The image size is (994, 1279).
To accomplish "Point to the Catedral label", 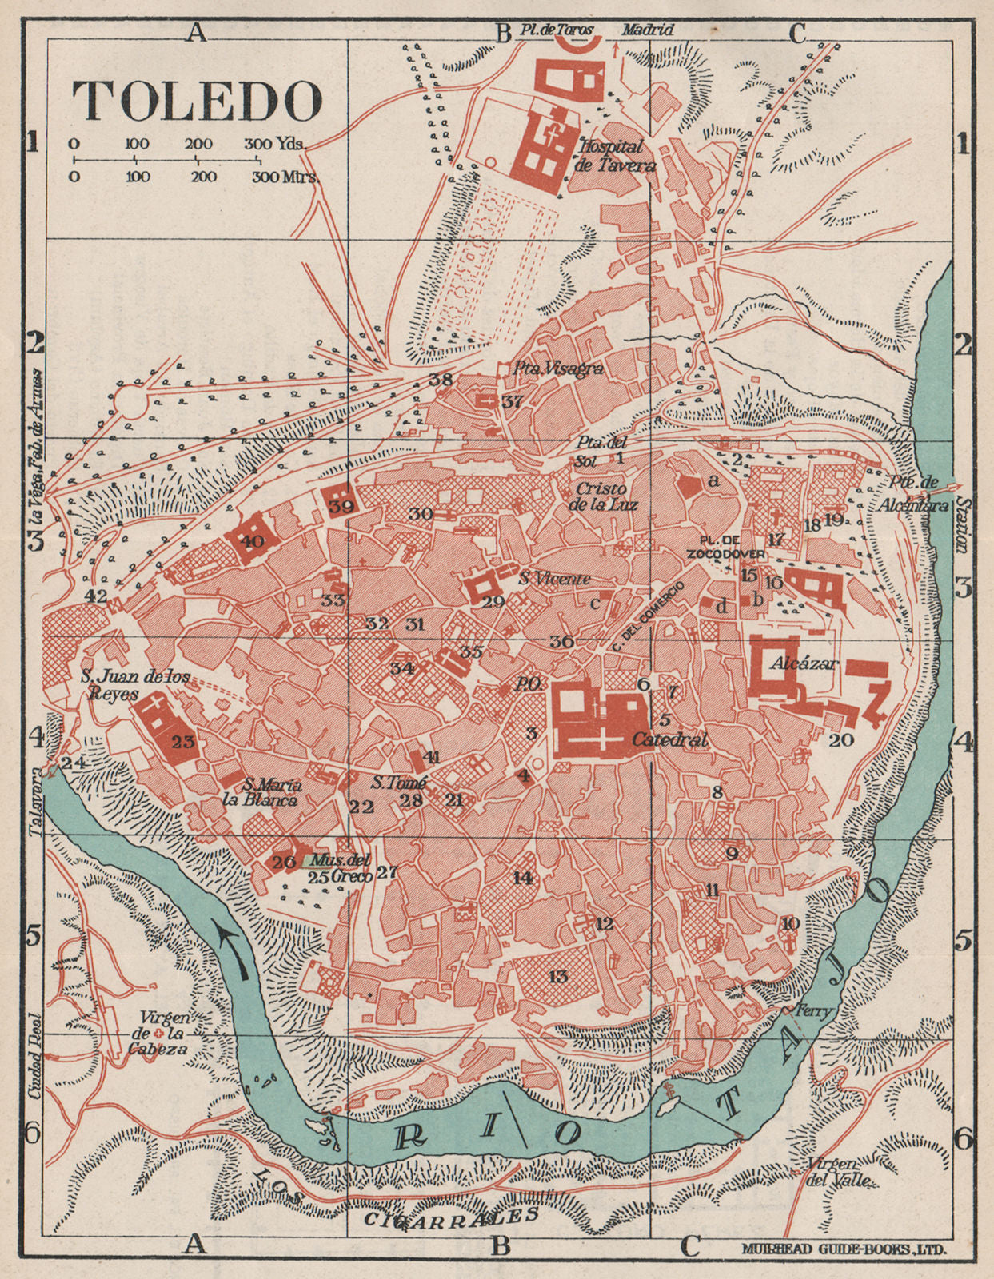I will [669, 740].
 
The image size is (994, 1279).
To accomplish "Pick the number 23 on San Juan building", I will [183, 741].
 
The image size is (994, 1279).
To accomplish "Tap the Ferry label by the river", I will [816, 1010].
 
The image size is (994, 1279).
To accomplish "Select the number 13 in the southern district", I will [558, 976].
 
